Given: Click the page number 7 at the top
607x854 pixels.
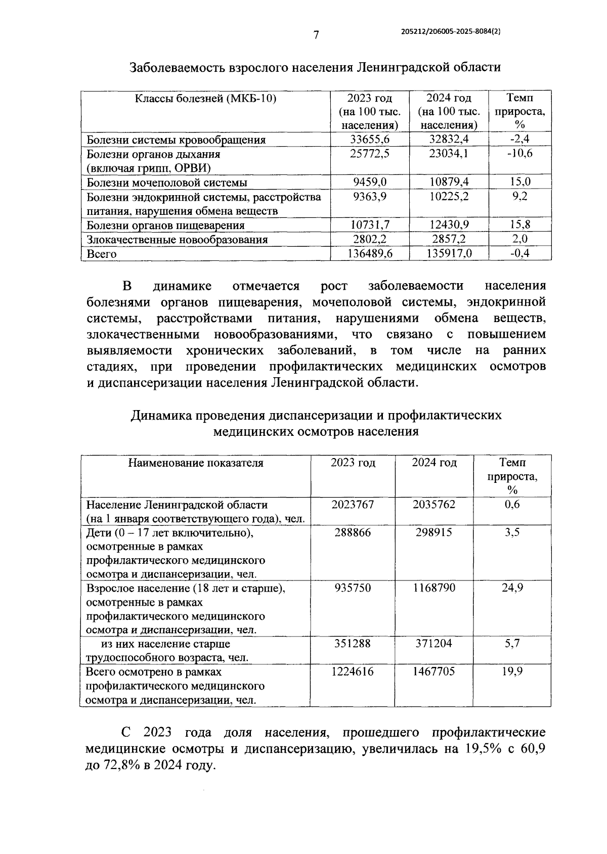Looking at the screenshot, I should pyautogui.click(x=316, y=35).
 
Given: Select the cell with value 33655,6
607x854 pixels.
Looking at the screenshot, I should pyautogui.click(x=370, y=140).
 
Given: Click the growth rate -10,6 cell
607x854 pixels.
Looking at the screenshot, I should pyautogui.click(x=519, y=154).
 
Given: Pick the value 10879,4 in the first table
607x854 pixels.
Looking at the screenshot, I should pyautogui.click(x=449, y=182).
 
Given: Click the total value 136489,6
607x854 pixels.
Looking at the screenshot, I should pyautogui.click(x=370, y=254).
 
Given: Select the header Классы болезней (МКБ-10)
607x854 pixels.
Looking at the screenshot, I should pyautogui.click(x=205, y=98).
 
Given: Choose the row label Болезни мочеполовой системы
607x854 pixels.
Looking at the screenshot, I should pyautogui.click(x=167, y=183).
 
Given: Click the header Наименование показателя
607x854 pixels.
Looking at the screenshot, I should pyautogui.click(x=195, y=463).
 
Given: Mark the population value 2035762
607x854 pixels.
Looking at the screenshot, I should pyautogui.click(x=433, y=505).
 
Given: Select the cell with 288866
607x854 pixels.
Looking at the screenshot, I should pyautogui.click(x=353, y=532).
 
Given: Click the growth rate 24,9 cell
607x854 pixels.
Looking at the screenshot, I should pyautogui.click(x=512, y=588).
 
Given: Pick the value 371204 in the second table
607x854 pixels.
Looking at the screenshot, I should pyautogui.click(x=433, y=643).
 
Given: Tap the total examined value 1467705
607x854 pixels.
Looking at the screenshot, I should pyautogui.click(x=433, y=671).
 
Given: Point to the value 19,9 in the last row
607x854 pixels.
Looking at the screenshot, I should pyautogui.click(x=512, y=671).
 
